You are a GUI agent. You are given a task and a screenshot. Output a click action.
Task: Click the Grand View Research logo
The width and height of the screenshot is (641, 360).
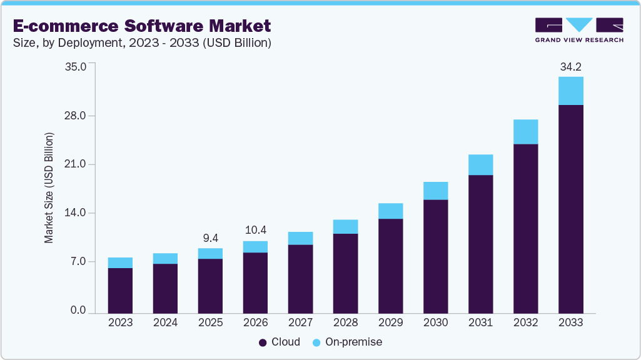(579, 30)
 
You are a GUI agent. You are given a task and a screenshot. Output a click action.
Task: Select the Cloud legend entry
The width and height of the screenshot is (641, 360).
(280, 342)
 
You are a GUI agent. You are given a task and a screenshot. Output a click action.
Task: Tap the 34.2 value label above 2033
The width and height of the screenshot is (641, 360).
(570, 66)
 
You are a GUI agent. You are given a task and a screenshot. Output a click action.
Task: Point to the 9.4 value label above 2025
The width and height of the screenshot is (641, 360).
(210, 238)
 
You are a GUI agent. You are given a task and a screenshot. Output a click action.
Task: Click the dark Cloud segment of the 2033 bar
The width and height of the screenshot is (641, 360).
(570, 209)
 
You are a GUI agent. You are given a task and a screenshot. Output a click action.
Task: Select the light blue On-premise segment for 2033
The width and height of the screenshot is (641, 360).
(570, 91)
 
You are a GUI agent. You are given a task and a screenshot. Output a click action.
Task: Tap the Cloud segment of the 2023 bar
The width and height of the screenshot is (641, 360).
(120, 291)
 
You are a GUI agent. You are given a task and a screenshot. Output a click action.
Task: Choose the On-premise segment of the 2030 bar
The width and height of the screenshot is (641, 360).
(435, 191)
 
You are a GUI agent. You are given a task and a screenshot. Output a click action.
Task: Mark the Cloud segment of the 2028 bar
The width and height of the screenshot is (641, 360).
(345, 273)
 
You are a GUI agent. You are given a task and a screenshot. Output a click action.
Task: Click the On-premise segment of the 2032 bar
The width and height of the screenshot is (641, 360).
(525, 132)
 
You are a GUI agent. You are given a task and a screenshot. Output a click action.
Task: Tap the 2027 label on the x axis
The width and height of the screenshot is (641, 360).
(300, 323)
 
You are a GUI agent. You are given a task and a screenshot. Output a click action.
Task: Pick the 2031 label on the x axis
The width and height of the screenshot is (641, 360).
(480, 323)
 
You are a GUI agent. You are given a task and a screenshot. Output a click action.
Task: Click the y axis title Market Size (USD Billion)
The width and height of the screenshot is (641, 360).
(49, 187)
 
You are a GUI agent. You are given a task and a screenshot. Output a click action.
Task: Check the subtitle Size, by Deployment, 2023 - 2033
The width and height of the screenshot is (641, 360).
(142, 43)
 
